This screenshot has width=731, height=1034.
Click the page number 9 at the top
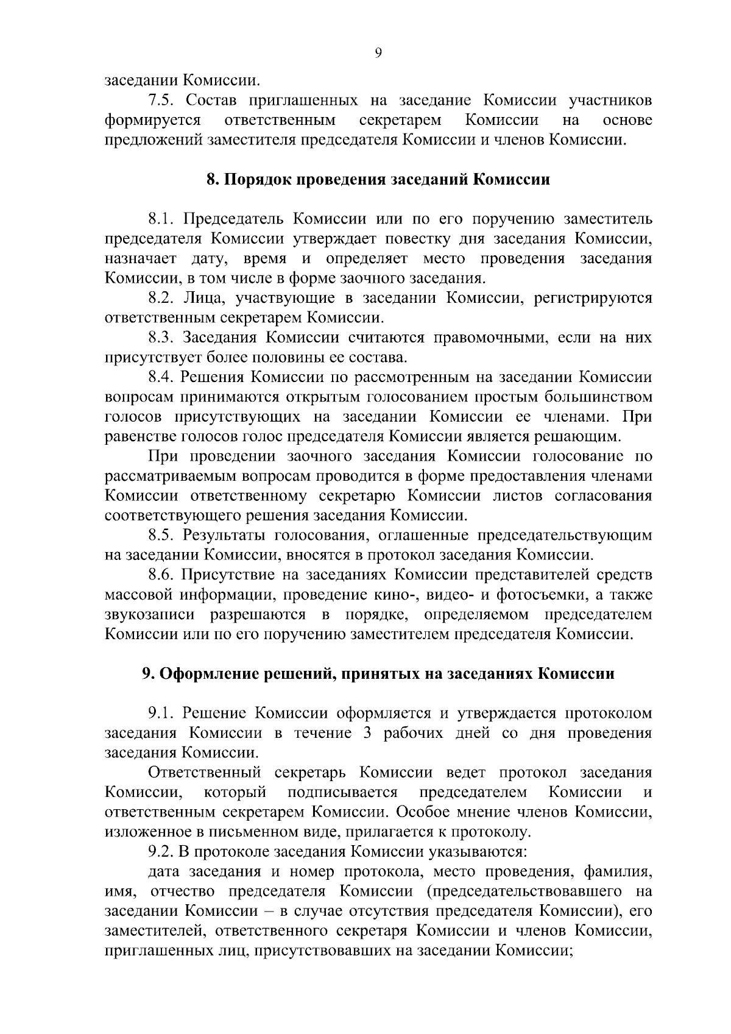[x=378, y=54]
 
